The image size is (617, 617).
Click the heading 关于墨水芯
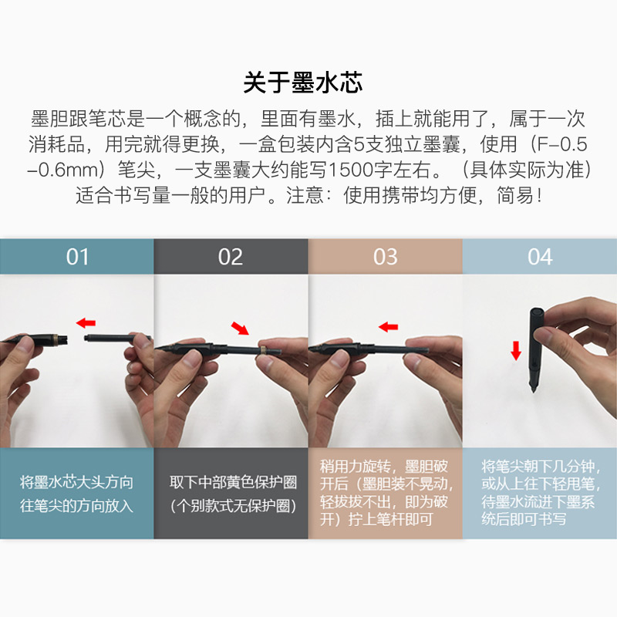302,83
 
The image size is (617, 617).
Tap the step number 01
77,257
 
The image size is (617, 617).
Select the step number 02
231,257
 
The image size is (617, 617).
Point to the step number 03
385,257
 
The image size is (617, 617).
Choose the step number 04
540,257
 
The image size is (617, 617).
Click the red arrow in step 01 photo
86,323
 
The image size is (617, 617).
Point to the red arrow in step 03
389,326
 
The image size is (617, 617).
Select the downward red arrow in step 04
516,351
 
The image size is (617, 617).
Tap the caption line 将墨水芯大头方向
76,482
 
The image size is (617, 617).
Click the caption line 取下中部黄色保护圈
233,482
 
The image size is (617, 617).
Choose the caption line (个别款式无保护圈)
233,506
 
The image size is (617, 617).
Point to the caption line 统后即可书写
524,519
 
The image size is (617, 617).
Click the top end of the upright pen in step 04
537,310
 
